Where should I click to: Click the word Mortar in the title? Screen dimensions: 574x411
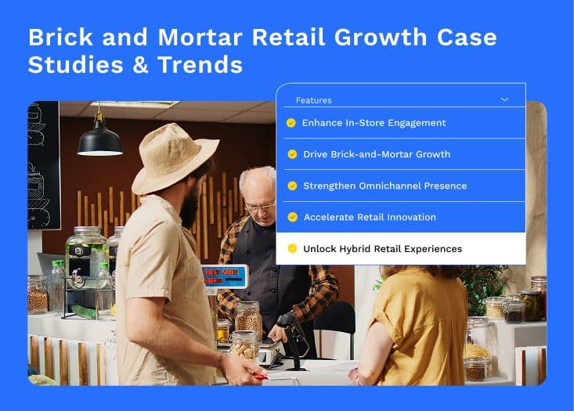point(200,38)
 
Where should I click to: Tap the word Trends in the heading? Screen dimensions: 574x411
point(200,65)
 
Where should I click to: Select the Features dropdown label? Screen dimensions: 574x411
point(314,100)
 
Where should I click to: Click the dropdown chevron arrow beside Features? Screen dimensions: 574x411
point(505,99)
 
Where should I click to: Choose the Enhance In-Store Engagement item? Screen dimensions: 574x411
point(374,123)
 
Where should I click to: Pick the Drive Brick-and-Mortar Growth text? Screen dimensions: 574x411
point(377,154)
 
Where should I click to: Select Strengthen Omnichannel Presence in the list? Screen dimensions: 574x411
point(385,186)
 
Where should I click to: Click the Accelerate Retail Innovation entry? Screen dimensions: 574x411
point(370,218)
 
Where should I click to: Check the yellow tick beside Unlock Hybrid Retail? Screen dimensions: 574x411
point(292,248)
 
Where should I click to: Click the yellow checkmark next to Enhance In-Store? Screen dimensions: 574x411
point(291,123)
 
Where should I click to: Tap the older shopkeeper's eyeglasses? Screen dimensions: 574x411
point(261,207)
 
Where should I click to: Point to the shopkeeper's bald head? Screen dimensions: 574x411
point(257,179)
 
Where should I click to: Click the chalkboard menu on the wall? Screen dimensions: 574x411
point(44,165)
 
